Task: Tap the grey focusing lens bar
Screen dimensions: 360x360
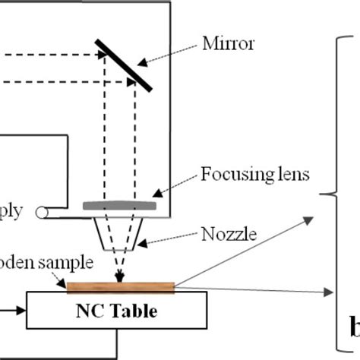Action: coord(120,205)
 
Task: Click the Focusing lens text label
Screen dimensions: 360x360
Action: coord(254,175)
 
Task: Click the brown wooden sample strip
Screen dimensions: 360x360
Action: coord(122,286)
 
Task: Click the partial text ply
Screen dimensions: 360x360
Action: coord(11,210)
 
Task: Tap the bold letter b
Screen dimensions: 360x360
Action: coord(353,328)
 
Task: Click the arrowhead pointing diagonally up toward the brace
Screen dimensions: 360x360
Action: coord(308,219)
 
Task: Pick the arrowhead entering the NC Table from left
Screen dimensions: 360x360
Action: coord(22,310)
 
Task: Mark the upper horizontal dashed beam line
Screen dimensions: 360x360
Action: coord(53,54)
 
